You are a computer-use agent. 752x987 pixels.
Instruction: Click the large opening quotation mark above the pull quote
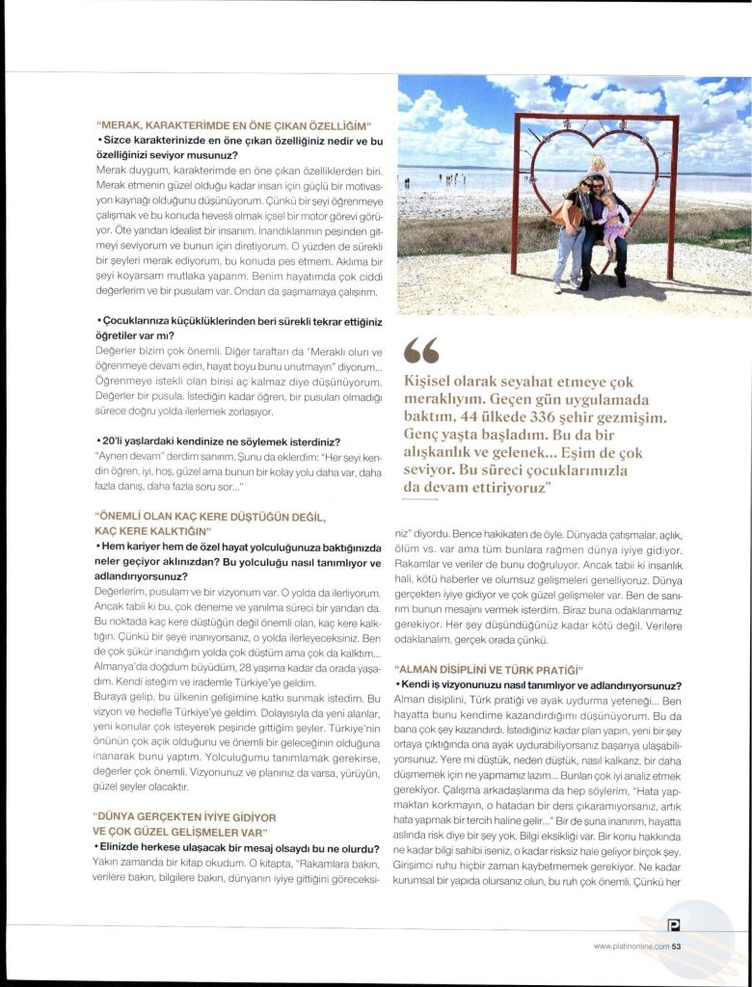421,350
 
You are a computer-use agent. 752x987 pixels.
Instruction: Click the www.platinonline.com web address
631,946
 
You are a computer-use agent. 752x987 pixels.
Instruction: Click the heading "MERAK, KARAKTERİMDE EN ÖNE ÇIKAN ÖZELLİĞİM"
234,126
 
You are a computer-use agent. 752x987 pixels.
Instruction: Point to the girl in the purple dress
611,222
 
